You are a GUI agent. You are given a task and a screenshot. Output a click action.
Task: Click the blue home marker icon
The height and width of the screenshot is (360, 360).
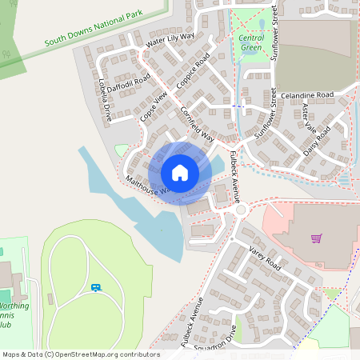coord(179,173)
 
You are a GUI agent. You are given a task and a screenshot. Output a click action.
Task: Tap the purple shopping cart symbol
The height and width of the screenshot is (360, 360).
coord(317,238)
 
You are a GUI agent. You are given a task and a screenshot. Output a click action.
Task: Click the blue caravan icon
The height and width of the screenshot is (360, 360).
coord(97,287)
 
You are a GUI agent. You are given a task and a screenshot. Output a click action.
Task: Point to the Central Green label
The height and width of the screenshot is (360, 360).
coord(251,42)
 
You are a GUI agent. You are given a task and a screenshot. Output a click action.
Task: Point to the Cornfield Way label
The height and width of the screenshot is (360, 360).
coord(197,123)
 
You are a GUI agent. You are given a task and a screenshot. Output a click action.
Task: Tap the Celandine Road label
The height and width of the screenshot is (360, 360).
coord(306,95)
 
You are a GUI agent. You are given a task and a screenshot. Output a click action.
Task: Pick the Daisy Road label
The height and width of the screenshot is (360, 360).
coord(318,139)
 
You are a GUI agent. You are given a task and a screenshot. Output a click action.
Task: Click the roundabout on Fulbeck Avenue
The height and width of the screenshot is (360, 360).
coord(241,210)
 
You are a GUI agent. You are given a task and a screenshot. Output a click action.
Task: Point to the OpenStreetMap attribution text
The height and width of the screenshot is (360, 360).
coord(81,354)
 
